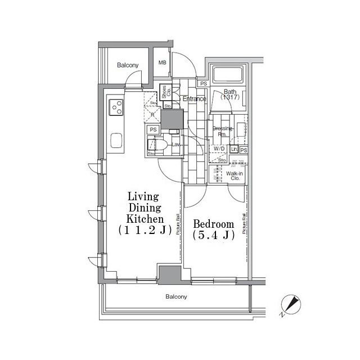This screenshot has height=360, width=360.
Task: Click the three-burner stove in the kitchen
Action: (x=117, y=106)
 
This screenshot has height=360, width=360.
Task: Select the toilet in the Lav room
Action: (x=160, y=145)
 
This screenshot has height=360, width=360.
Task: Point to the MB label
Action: (x=163, y=63)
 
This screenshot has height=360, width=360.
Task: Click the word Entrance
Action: (x=195, y=99)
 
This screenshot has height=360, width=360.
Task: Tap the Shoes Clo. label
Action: (x=167, y=92)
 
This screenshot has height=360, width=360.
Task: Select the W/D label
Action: (x=218, y=148)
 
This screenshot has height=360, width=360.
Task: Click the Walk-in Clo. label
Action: (x=234, y=176)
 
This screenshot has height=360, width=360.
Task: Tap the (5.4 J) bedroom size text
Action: (x=213, y=236)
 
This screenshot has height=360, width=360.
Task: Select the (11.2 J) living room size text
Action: (x=145, y=230)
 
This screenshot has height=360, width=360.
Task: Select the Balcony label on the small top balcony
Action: (x=128, y=65)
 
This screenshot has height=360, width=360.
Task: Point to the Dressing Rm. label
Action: (x=223, y=131)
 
